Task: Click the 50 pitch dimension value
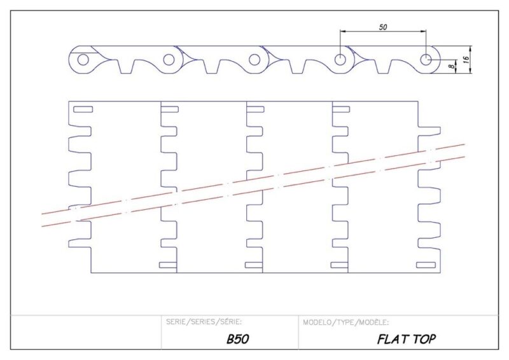pyautogui.click(x=383, y=27)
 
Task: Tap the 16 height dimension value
pyautogui.click(x=466, y=59)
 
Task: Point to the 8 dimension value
pyautogui.click(x=451, y=66)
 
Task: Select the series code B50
pyautogui.click(x=238, y=339)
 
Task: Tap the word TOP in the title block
pyautogui.click(x=424, y=339)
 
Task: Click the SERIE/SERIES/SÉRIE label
pyautogui.click(x=204, y=322)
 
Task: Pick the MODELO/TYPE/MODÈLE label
pyautogui.click(x=346, y=322)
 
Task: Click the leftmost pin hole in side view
pyautogui.click(x=83, y=60)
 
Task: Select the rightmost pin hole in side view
pyautogui.click(x=426, y=60)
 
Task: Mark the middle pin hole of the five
pyautogui.click(x=254, y=60)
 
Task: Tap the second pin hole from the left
pyautogui.click(x=169, y=60)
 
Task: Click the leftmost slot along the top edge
pyautogui.click(x=83, y=109)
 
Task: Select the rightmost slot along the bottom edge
pyautogui.click(x=426, y=265)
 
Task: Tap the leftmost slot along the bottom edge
pyautogui.click(x=168, y=265)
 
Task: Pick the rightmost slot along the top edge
pyautogui.click(x=341, y=109)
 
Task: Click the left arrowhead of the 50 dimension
pyautogui.click(x=342, y=32)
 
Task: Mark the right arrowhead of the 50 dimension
pyautogui.click(x=424, y=32)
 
